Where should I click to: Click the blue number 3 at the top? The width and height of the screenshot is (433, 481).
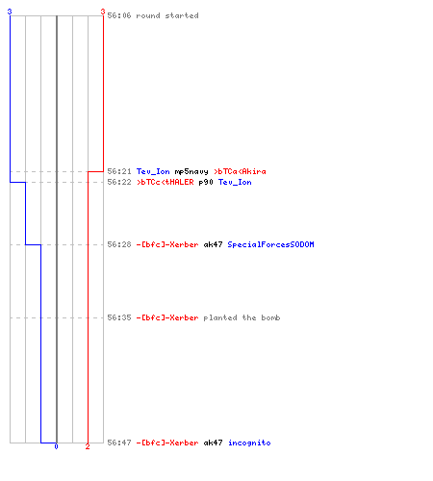coord(10,12)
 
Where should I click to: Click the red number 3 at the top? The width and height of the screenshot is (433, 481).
coord(103,12)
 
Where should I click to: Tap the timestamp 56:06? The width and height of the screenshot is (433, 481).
coord(119,15)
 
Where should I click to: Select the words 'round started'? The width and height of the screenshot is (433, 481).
coord(167,15)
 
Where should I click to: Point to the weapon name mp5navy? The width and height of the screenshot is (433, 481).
coord(191,171)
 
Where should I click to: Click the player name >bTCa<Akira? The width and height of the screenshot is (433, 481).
coord(240,171)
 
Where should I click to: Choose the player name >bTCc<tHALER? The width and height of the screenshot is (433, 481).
coord(166,182)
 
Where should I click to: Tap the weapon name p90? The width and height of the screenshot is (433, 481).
coord(206,183)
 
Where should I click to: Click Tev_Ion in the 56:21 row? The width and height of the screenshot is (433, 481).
coord(153,171)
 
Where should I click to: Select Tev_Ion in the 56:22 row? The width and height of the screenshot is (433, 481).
coord(235,182)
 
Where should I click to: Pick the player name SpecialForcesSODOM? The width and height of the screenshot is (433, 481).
coord(270,244)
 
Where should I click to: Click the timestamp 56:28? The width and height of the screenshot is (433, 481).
coord(119,244)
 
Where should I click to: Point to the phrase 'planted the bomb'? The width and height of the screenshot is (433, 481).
coord(242,317)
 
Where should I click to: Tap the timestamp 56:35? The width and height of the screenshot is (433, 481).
coord(119,317)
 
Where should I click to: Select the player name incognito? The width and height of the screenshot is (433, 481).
coord(249,443)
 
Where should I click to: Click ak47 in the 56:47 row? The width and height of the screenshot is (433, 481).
coord(213,443)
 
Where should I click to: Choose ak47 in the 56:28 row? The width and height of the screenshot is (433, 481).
coord(213,244)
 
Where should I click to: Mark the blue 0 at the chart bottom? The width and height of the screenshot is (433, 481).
coord(56,446)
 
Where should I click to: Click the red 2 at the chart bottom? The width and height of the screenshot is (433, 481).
coord(88,446)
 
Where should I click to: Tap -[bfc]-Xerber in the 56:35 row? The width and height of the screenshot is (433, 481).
coord(167,317)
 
